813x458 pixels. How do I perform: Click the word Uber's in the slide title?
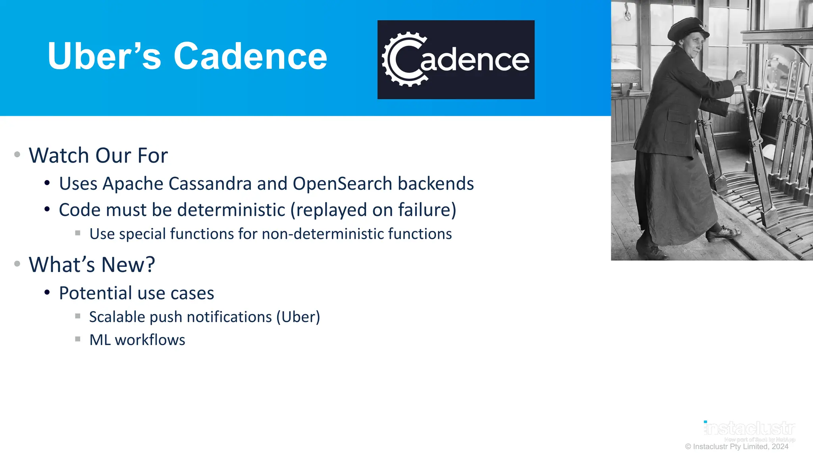tap(104, 56)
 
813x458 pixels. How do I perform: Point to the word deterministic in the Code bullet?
tap(226, 210)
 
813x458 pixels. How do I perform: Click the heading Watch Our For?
tap(98, 155)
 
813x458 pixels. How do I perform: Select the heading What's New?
tap(92, 264)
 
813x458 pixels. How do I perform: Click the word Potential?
tap(95, 293)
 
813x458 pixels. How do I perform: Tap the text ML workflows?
tap(137, 340)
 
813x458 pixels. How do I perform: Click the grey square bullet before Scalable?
tap(78, 316)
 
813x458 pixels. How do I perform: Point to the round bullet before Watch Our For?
tap(17, 154)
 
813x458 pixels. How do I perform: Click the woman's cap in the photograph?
tap(686, 28)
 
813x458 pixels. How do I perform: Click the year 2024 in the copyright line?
tap(780, 446)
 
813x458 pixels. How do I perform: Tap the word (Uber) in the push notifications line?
tap(298, 317)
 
